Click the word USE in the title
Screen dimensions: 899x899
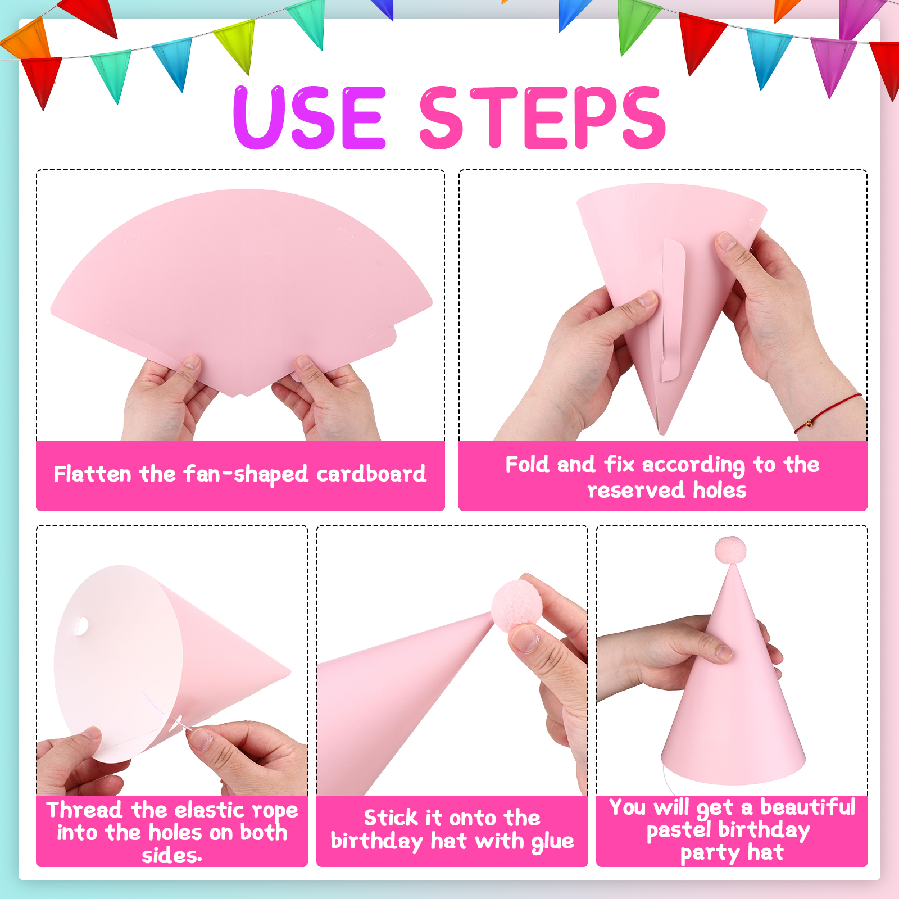point(310,117)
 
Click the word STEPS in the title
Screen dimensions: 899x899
point(543,117)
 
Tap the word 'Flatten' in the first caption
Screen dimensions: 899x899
point(93,474)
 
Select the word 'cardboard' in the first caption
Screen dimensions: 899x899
point(371,474)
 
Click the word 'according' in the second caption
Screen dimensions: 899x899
point(693,465)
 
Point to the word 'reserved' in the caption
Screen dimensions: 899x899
point(635,491)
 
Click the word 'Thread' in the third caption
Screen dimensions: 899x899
point(84,810)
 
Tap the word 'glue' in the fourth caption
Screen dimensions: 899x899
point(553,842)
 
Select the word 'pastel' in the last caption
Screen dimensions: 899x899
point(679,830)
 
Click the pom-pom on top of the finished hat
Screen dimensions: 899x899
point(730,550)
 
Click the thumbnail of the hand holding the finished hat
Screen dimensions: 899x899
point(724,652)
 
